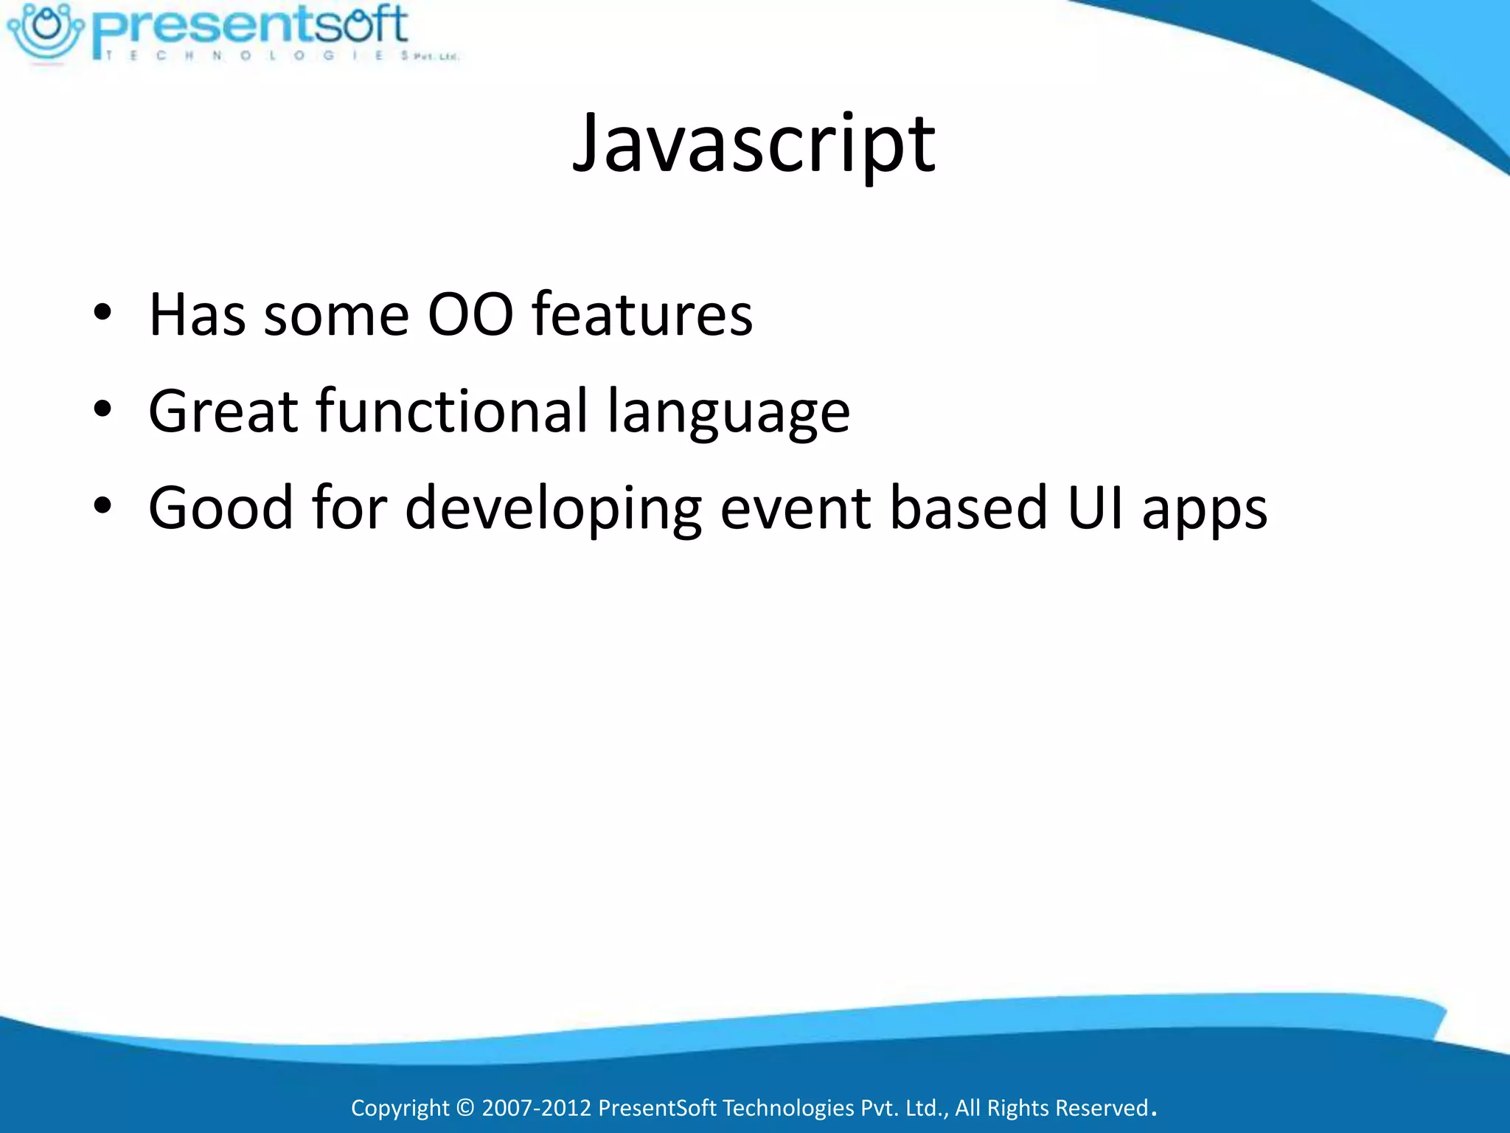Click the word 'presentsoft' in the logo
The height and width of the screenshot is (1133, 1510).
tap(251, 26)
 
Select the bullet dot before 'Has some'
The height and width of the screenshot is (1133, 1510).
tap(102, 313)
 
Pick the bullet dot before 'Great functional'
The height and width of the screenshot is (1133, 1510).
tap(102, 409)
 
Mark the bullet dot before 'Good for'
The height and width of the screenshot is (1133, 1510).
tap(102, 506)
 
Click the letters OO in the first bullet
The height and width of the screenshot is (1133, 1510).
tap(470, 315)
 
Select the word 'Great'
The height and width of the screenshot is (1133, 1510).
tap(223, 411)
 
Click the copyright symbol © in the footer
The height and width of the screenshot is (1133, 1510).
tap(465, 1108)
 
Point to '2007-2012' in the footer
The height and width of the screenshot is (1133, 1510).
tap(536, 1108)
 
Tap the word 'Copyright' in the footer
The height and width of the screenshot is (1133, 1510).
tap(400, 1108)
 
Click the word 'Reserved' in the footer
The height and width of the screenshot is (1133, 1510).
tap(1102, 1108)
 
